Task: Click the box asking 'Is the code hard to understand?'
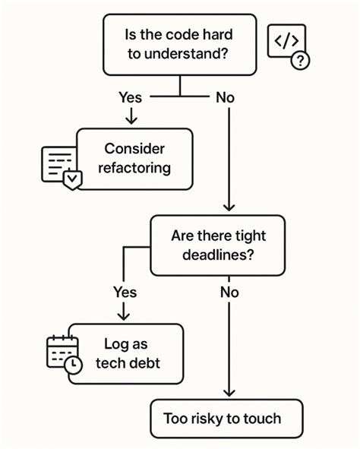(179, 45)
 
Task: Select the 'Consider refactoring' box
(134, 158)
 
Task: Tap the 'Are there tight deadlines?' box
(218, 245)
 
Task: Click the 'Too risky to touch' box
(226, 418)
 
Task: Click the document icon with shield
(59, 168)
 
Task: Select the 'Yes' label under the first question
(131, 96)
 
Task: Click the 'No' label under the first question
(226, 96)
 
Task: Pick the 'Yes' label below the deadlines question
(125, 292)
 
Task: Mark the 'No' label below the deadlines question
(230, 292)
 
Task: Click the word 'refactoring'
(134, 168)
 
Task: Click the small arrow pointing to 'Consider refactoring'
(131, 119)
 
